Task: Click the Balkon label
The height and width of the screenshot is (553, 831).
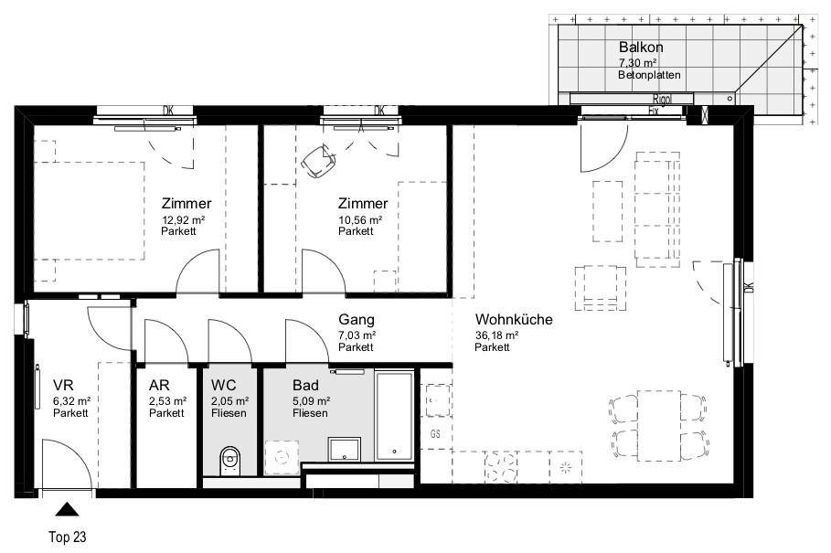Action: (x=641, y=48)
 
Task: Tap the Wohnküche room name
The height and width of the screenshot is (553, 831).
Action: (x=514, y=319)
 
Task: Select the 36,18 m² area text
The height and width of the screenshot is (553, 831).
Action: (x=496, y=335)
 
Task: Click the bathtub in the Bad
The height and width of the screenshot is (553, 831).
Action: (x=394, y=416)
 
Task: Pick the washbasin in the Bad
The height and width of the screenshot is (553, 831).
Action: (x=345, y=449)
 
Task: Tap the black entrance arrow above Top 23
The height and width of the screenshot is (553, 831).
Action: (x=67, y=509)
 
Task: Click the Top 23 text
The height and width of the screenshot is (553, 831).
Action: (x=68, y=537)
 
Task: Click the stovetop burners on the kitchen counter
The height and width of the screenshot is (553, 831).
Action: (x=501, y=467)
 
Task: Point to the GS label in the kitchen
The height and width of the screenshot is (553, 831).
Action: (x=435, y=434)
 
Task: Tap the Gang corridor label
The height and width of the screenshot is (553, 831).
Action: (x=357, y=319)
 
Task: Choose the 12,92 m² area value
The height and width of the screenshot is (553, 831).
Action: (x=184, y=219)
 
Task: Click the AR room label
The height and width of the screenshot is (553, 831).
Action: (x=159, y=385)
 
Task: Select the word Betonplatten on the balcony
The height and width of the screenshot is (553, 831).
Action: (x=649, y=75)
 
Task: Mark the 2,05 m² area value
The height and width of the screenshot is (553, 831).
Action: (x=230, y=401)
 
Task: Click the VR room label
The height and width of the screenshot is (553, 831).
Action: (x=63, y=385)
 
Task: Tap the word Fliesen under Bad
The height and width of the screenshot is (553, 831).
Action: (x=310, y=413)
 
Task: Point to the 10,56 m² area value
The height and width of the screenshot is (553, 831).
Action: (x=360, y=219)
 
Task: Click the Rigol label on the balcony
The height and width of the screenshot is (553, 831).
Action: (x=662, y=99)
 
